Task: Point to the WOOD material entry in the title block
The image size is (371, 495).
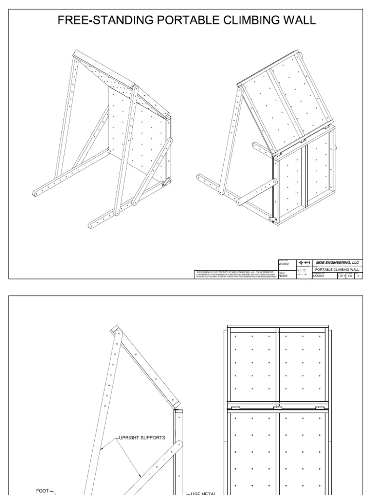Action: point(284,264)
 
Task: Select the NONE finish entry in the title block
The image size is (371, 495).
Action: point(283,276)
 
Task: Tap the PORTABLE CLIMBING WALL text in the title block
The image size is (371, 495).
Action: point(337,269)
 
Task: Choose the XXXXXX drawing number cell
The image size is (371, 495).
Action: point(319,276)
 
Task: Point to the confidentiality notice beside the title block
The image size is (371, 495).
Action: point(235,274)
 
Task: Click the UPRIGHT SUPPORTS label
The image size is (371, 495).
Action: point(142,438)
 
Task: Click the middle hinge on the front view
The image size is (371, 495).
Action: point(277,408)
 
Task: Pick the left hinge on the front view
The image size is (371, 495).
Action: point(236,408)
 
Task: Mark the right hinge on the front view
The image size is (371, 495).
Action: point(318,408)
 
